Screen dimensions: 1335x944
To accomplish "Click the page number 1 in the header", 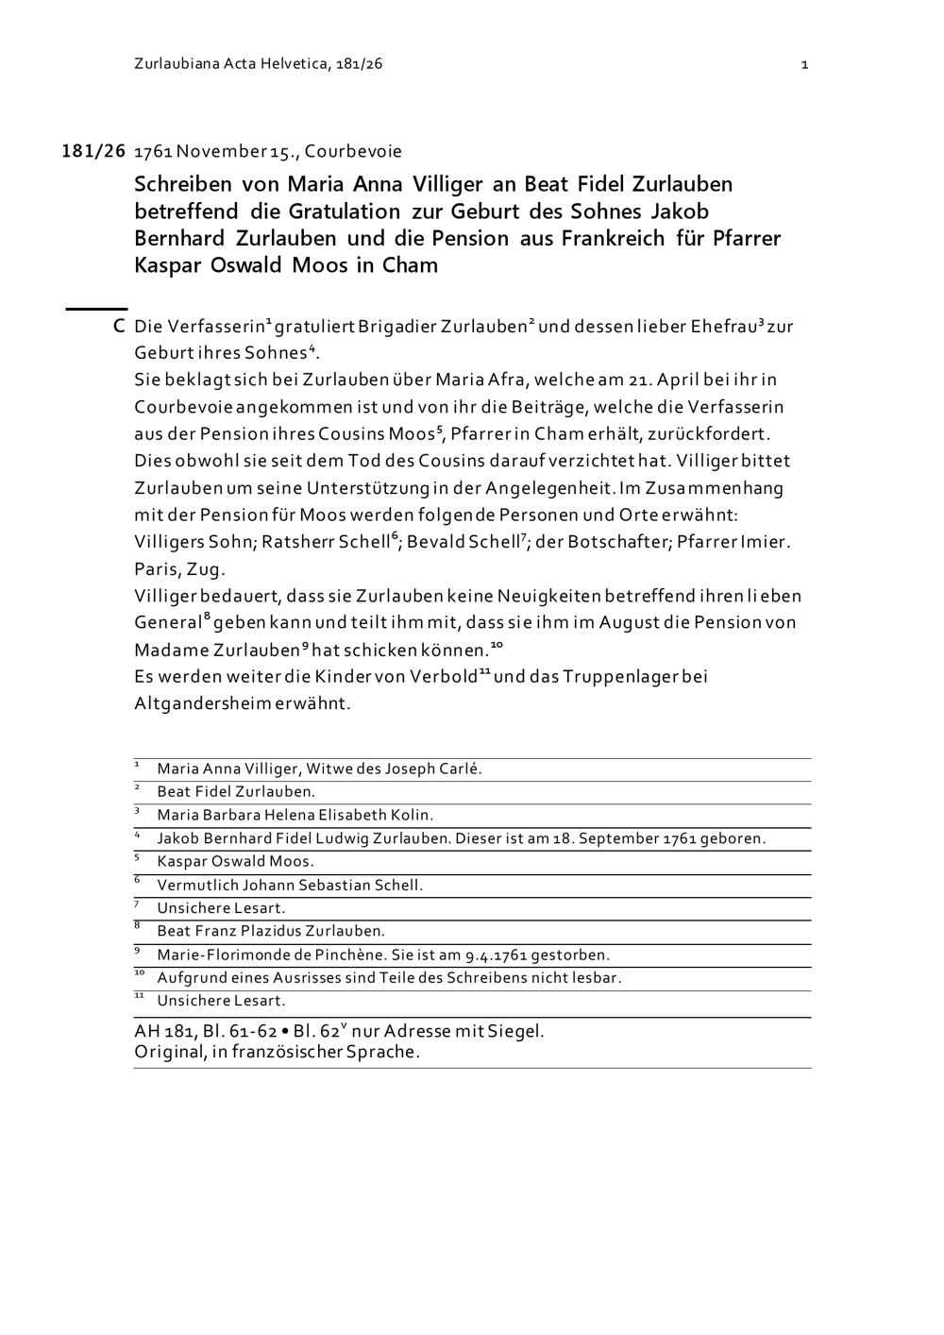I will pyautogui.click(x=804, y=64).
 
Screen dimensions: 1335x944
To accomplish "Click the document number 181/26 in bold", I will pyautogui.click(x=93, y=151).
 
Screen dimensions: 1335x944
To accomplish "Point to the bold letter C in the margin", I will pyautogui.click(x=119, y=327).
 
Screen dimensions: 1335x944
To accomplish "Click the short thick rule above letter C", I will pyautogui.click(x=96, y=308).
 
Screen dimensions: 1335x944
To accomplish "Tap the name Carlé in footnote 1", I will pyautogui.click(x=461, y=769).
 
